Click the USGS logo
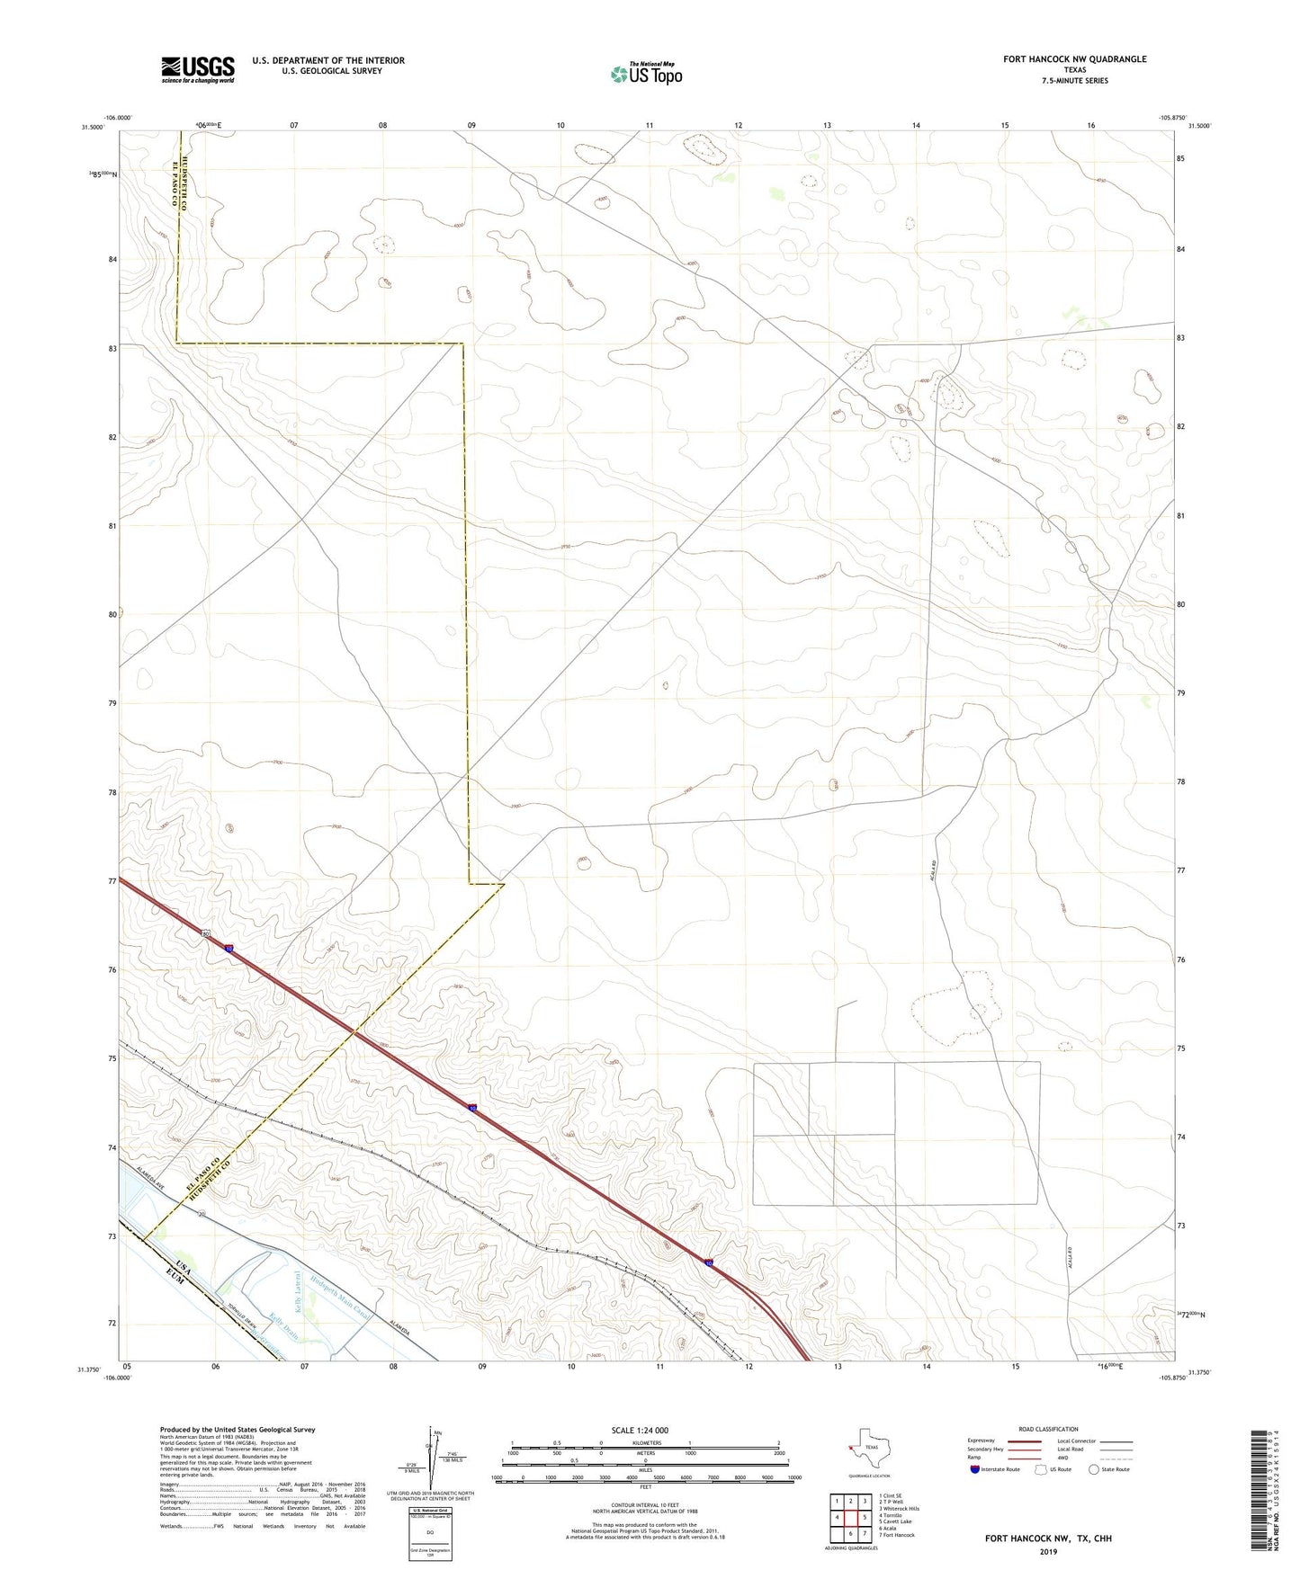pos(198,69)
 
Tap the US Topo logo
pos(646,74)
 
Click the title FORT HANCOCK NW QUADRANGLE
pos(1074,59)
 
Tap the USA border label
pos(184,1268)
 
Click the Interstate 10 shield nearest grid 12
pos(709,1263)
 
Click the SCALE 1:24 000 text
pos(640,1430)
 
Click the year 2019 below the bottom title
pos(1048,1551)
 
